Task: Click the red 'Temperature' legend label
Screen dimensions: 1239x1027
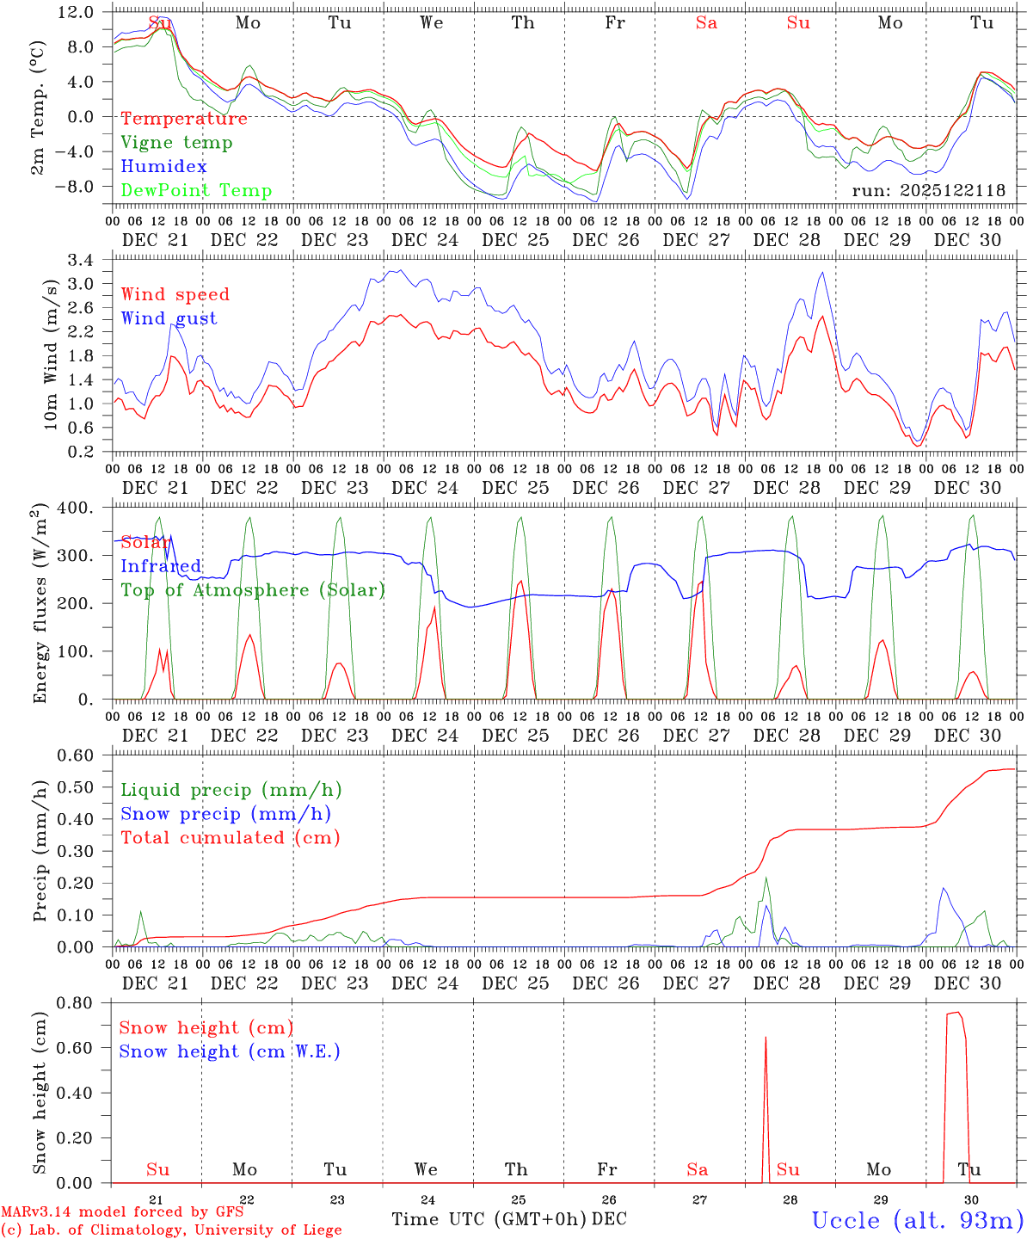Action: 183,119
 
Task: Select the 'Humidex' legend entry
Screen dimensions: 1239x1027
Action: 163,167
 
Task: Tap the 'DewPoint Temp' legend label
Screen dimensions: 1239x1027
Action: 196,191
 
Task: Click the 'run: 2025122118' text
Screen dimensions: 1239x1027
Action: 928,191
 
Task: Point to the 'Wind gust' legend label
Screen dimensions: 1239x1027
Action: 169,318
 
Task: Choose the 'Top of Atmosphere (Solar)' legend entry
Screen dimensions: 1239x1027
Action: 252,590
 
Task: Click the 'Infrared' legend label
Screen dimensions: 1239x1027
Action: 161,566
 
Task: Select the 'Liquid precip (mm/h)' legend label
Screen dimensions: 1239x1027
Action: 231,790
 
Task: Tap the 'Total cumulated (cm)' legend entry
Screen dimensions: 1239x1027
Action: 230,838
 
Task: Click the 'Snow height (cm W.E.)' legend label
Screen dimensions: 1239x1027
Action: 229,1051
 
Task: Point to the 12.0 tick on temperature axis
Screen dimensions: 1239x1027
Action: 77,12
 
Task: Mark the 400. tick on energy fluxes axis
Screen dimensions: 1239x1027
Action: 76,508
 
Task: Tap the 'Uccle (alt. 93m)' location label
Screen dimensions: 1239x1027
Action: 917,1220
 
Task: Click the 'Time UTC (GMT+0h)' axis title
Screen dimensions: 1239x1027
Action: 489,1219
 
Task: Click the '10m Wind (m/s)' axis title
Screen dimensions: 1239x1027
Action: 50,354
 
